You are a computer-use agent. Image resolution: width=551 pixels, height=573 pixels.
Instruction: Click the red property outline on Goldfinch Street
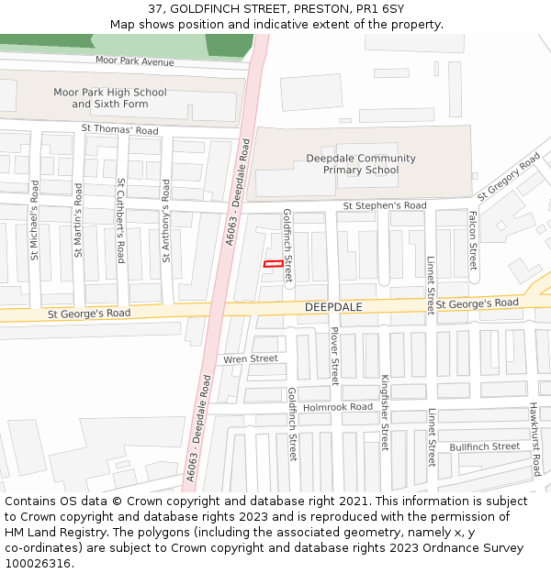pos(274,264)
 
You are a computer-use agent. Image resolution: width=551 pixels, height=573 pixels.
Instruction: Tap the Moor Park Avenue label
pos(134,61)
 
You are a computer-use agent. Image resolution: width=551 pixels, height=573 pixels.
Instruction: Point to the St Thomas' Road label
pos(119,130)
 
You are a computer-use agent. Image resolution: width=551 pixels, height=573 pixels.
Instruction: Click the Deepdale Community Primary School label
pos(361,164)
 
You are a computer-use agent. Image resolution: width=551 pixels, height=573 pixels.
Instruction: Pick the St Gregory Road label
pos(509,177)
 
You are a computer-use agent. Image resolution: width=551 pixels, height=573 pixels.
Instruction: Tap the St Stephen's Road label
pos(385,205)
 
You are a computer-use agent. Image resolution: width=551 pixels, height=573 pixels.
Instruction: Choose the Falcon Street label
pos(473,240)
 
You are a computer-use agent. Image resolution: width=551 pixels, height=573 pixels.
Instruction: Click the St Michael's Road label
pos(35,220)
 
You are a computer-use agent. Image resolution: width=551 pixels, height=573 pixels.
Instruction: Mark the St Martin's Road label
pos(78,220)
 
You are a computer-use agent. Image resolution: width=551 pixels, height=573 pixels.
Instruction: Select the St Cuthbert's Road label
pos(120,220)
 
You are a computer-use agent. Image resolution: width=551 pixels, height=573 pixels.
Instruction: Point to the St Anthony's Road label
pos(166,221)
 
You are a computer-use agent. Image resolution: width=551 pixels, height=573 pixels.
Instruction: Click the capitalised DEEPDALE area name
pos(333,307)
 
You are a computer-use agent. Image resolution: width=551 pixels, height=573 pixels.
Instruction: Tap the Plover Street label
pos(334,356)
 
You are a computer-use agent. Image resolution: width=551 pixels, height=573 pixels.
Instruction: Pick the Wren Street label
pos(250,358)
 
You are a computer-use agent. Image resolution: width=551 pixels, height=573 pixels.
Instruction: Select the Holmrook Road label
pos(337,406)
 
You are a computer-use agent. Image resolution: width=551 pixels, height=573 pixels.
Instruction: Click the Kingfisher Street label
pos(385,413)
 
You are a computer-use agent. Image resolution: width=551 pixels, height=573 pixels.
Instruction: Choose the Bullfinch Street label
pos(484,446)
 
